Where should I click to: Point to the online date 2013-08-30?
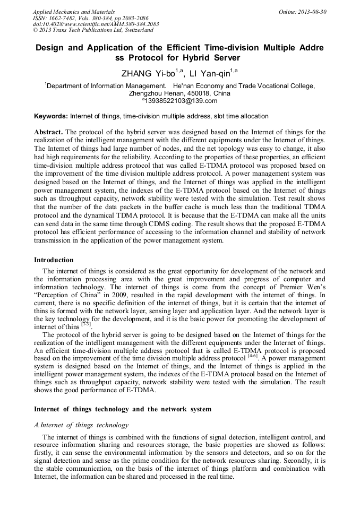tap(313, 11)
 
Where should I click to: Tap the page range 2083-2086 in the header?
tap(133, 18)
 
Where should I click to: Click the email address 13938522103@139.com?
tap(181, 101)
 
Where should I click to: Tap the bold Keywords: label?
tap(51, 116)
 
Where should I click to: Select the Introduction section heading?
tap(54, 260)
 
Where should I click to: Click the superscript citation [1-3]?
tap(86, 324)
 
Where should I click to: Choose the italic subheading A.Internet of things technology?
tap(81, 425)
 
